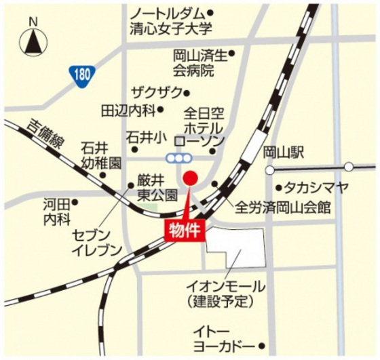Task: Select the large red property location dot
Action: [191, 179]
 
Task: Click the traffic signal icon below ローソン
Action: [180, 158]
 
